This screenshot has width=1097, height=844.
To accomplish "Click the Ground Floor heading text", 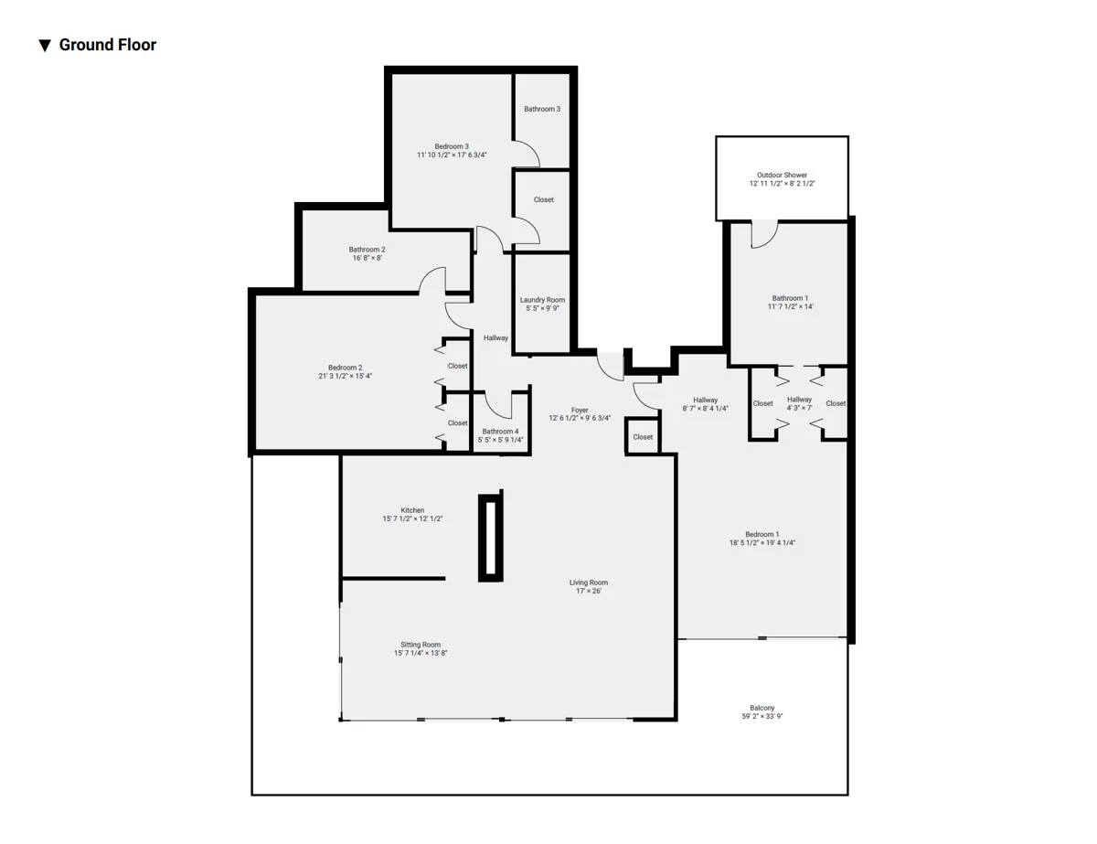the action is [108, 45].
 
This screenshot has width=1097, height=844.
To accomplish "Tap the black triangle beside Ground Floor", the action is [45, 46].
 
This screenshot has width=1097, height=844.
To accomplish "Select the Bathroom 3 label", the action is [542, 109].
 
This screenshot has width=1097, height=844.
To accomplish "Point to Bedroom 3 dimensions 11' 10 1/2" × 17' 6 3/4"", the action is [452, 155].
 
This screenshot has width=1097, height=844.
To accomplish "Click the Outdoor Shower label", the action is [782, 176].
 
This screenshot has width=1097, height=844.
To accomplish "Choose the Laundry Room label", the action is [542, 300].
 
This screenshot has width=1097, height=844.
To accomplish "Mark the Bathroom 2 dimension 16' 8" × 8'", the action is [367, 258].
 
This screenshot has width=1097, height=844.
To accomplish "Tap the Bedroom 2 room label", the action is [345, 368].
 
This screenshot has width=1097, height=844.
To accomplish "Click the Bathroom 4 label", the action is [500, 432].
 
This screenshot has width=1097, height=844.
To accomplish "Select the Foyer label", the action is [580, 411].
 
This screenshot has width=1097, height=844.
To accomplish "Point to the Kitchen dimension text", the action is [412, 518].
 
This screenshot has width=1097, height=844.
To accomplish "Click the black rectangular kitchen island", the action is [490, 538].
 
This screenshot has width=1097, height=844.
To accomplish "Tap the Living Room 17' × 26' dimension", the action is [589, 591].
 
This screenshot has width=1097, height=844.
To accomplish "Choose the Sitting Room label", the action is [421, 645].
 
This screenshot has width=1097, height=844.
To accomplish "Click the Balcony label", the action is [762, 709].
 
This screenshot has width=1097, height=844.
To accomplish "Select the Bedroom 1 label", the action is [762, 535].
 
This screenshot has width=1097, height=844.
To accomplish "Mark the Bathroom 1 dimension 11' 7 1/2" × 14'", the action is [790, 306].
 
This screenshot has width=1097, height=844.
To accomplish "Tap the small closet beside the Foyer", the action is [642, 437].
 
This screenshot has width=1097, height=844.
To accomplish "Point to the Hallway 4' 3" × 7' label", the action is [799, 404].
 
